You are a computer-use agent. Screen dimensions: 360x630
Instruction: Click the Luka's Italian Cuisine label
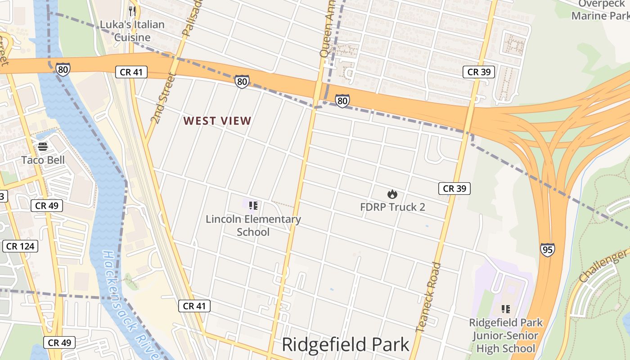point(132,31)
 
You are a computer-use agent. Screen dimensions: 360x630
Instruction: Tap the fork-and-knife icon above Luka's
point(132,11)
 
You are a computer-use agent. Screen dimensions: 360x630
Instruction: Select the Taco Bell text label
point(43,160)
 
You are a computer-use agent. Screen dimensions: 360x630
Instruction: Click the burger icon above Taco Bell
point(43,146)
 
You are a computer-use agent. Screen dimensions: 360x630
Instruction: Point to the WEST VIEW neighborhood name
point(217,121)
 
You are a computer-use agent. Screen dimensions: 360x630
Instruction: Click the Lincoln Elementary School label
point(253,225)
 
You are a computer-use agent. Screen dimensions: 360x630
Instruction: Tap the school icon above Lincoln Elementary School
point(253,206)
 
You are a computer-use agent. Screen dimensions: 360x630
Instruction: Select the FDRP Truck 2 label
point(392,207)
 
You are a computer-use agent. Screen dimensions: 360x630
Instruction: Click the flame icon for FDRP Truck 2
point(392,194)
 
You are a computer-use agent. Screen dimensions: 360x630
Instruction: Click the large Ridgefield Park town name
point(346,345)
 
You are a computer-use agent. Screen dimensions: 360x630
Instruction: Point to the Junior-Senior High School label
point(506,335)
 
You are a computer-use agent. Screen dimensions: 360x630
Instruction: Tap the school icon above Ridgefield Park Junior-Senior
point(506,309)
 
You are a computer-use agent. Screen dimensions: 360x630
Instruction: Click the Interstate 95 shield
point(547,250)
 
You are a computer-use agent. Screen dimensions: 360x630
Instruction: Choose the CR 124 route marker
point(21,246)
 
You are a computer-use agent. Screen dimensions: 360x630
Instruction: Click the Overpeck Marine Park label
point(600,10)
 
